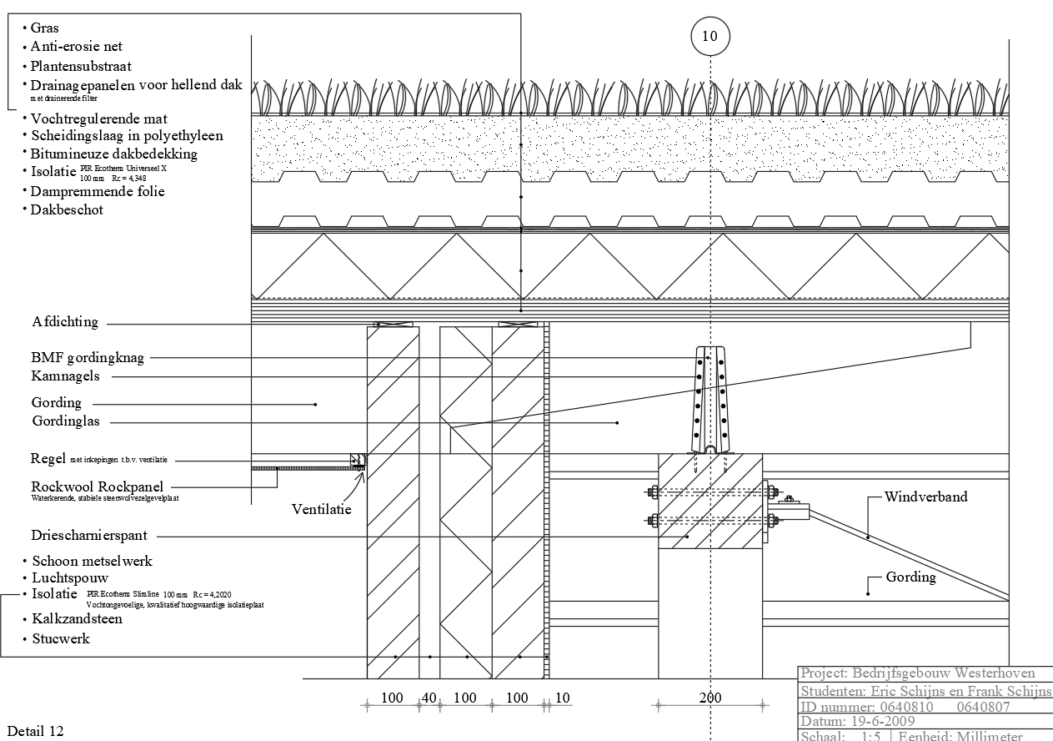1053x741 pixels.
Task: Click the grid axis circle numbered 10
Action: point(710,36)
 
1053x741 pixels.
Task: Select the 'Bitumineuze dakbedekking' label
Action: point(113,154)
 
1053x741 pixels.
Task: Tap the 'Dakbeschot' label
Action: point(67,210)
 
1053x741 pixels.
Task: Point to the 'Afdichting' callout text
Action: point(65,322)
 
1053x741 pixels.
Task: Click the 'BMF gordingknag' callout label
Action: point(88,358)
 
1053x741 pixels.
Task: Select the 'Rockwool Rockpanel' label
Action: point(97,486)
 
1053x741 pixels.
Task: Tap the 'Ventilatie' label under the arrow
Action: point(322,508)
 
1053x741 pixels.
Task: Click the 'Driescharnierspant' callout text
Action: point(89,536)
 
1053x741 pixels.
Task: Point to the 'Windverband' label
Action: point(926,497)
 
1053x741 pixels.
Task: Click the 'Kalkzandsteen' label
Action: point(77,619)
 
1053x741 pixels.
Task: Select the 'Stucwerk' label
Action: point(60,639)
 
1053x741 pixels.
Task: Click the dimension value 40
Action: point(429,698)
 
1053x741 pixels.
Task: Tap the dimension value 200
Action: point(710,698)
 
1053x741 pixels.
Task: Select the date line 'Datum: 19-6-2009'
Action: point(858,721)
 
